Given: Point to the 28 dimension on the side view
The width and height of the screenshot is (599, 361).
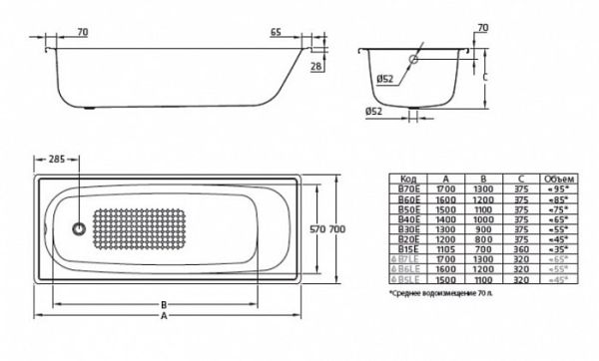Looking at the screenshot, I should [x=316, y=66].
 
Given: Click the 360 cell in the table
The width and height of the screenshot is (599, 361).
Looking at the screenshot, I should [x=519, y=246].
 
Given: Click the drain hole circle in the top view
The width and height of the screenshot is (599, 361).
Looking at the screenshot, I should [x=77, y=228].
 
